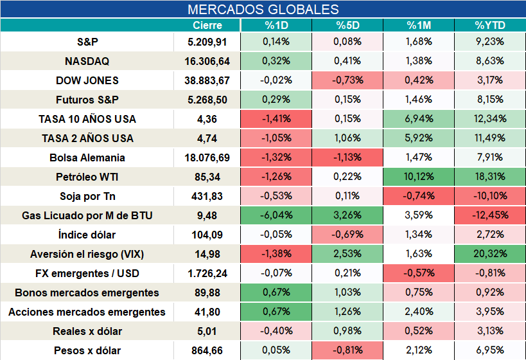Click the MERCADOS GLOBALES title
click(x=263, y=10)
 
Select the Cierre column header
click(x=207, y=25)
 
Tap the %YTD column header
click(x=490, y=25)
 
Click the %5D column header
click(x=347, y=25)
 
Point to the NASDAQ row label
click(x=87, y=61)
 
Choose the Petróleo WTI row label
click(x=87, y=177)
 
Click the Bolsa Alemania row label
click(x=87, y=157)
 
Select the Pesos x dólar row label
click(x=87, y=350)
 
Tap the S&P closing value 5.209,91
click(x=207, y=42)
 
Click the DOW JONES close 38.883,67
click(x=207, y=80)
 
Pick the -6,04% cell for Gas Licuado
click(x=276, y=215)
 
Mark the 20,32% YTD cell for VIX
click(x=490, y=253)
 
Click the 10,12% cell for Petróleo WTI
click(x=419, y=177)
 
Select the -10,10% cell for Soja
click(x=490, y=196)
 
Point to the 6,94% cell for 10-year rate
click(x=419, y=119)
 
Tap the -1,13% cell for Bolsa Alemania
click(x=347, y=157)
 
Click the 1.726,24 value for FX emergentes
click(x=207, y=273)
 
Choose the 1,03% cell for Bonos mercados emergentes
click(x=347, y=292)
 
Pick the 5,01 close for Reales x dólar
click(x=207, y=332)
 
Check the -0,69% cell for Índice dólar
click(x=347, y=235)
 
